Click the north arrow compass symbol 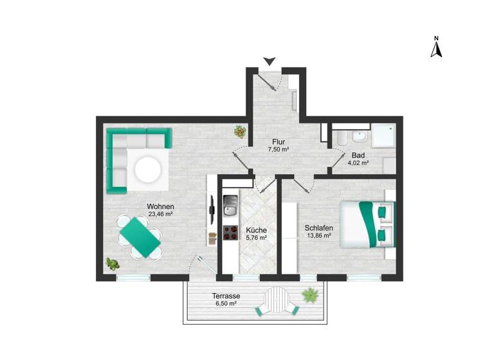click(x=435, y=48)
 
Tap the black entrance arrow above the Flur click(x=270, y=60)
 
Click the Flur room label click(x=278, y=142)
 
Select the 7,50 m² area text click(x=278, y=150)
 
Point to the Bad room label click(x=358, y=155)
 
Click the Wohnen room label click(x=161, y=206)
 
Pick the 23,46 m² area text click(x=161, y=214)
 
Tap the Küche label click(x=256, y=230)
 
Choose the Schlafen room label click(x=318, y=227)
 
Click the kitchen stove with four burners click(x=231, y=232)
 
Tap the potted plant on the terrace click(x=311, y=295)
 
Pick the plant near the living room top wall click(x=240, y=132)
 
